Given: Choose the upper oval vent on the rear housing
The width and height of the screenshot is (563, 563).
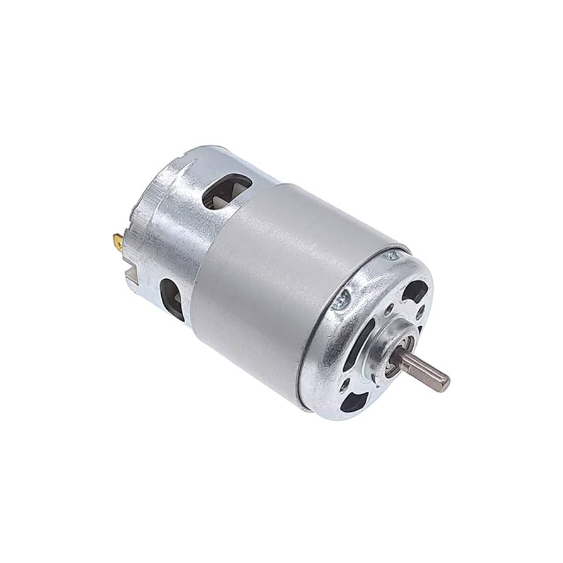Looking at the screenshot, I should (x=227, y=190).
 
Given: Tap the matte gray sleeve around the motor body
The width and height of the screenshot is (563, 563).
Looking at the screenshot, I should (x=277, y=283).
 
